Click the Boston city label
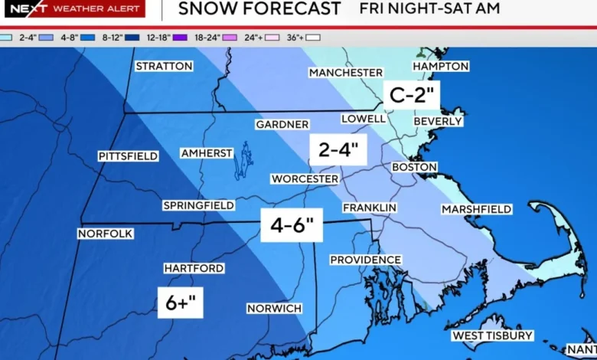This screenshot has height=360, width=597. click(x=414, y=167)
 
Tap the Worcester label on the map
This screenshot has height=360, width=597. click(x=305, y=178)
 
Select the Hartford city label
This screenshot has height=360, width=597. click(x=194, y=268)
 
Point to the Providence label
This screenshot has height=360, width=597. click(x=366, y=260)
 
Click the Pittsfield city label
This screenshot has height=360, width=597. click(x=128, y=156)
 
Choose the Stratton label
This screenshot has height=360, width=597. click(x=164, y=66)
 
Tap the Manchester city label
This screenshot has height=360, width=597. click(x=345, y=72)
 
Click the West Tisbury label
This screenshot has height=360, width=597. click(x=492, y=335)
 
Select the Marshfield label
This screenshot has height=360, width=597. click(x=477, y=209)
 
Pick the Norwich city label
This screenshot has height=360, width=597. click(x=274, y=308)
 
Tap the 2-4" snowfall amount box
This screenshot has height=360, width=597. click(x=338, y=150)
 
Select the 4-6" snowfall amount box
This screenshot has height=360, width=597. click(x=292, y=226)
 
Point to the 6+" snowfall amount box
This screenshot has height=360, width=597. click(x=181, y=303)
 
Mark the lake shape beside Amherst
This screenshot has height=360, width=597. click(x=244, y=159)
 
